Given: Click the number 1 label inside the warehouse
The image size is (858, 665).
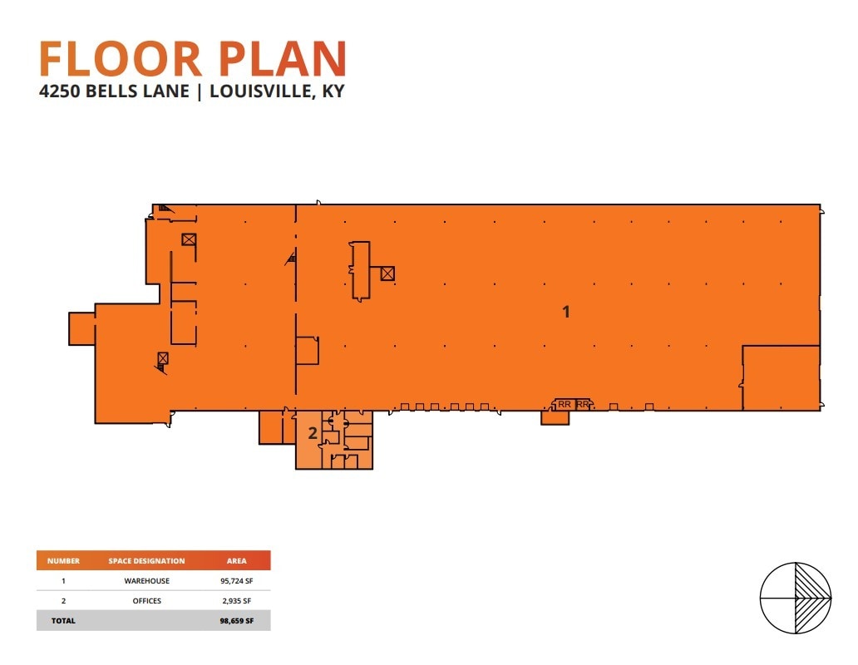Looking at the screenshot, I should point(566,312).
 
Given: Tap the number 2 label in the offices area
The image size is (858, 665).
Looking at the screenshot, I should point(313,432).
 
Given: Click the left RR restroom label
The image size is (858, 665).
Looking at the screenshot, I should point(565,404).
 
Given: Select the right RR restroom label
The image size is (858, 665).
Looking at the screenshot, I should point(582,404).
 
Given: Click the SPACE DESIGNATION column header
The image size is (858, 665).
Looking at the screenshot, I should point(146,561).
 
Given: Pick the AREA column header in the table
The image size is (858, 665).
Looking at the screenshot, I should point(237,561).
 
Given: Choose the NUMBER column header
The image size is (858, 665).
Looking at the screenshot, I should point(63,561).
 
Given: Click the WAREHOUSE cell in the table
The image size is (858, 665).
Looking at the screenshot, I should point(146,581).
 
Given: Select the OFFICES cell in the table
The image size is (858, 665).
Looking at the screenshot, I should point(146,600).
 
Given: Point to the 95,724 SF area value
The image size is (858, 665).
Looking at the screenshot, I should point(237,581).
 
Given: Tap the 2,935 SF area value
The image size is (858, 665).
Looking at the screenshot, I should point(237,600).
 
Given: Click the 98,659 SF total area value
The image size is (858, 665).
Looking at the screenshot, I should point(237,620).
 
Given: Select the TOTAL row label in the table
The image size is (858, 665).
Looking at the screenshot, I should point(63,620).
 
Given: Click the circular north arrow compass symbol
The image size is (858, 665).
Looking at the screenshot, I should point(796,598).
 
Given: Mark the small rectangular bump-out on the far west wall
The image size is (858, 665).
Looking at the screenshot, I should point(81,328).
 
